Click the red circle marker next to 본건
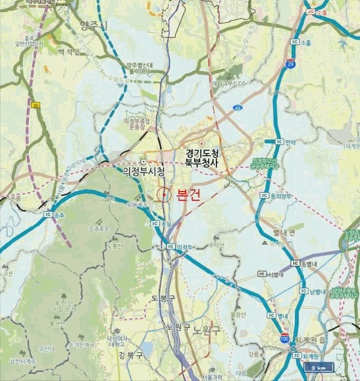coord(164,194)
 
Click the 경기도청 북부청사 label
coord(202,156)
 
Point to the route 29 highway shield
coord(291,64)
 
